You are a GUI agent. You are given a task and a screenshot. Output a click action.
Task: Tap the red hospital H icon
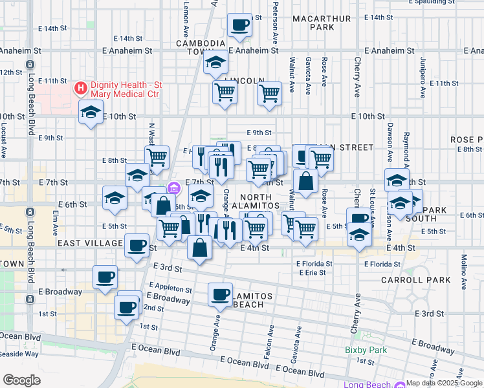tap(81, 87)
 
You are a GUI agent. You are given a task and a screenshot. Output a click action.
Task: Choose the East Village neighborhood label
tap(90, 243)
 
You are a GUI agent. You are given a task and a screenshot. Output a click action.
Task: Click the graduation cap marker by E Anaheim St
tap(215, 62)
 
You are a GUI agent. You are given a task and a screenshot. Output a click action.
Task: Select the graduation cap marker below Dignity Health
tap(91, 113)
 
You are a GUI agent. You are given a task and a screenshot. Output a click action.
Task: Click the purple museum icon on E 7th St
tap(173, 188)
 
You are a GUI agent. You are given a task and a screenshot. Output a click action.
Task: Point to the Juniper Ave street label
tap(423, 78)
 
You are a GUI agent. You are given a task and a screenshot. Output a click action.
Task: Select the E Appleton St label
tap(171, 287)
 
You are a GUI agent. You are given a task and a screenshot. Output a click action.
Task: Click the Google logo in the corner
tap(21, 380)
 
